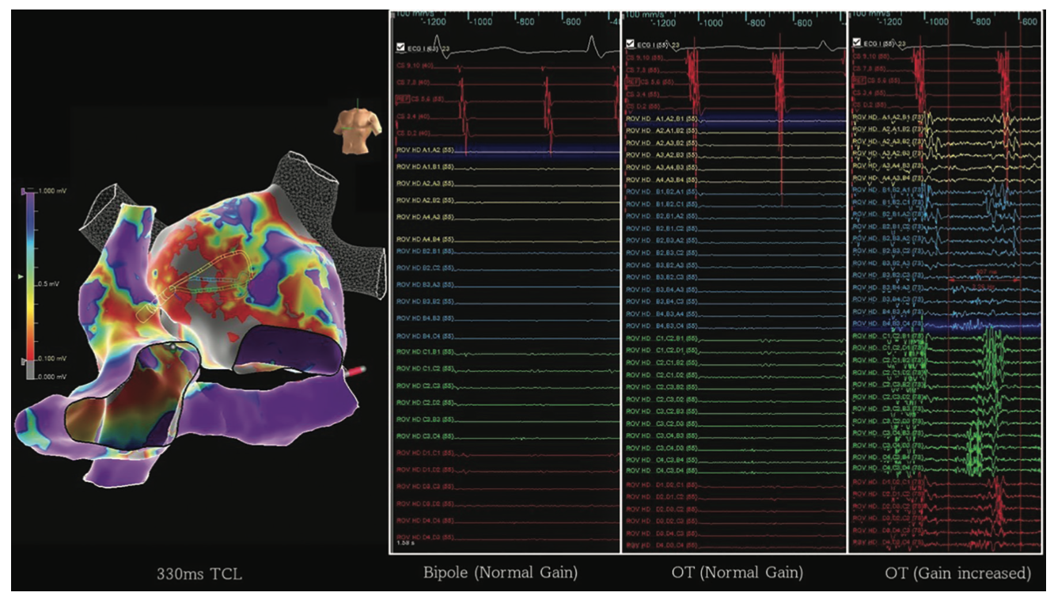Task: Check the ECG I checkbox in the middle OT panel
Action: pos(630,44)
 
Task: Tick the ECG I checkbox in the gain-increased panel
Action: pos(856,43)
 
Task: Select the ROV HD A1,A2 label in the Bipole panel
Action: pos(419,148)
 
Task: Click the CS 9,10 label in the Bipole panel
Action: pos(413,67)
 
